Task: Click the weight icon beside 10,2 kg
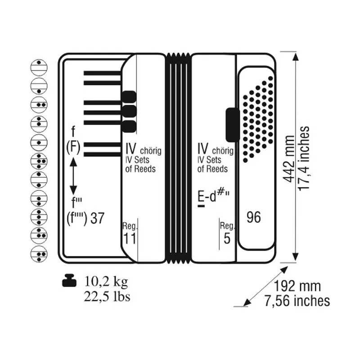tap(69, 280)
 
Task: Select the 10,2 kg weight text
tap(106, 282)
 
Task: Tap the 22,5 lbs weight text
tap(107, 296)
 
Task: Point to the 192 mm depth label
tap(297, 286)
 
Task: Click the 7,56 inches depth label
tap(297, 301)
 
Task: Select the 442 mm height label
tap(289, 159)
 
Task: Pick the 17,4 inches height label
tap(303, 158)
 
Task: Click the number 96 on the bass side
tap(254, 217)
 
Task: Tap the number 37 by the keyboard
tap(97, 218)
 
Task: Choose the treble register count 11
tap(130, 238)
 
